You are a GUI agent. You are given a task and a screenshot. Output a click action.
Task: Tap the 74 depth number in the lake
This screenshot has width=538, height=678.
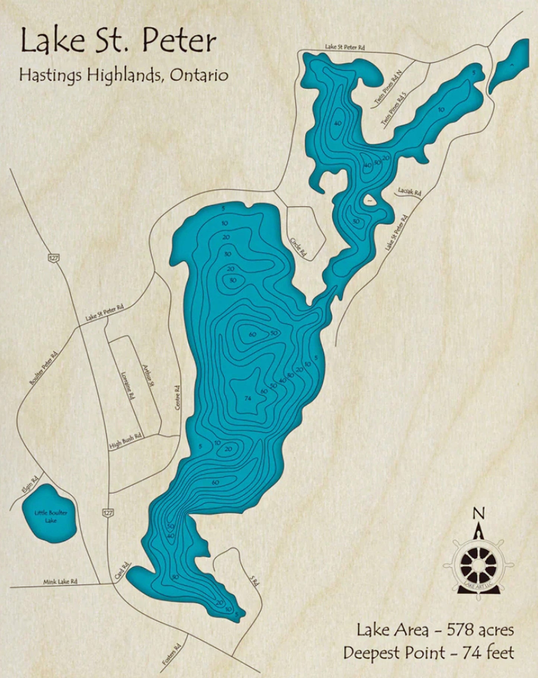pyautogui.click(x=248, y=399)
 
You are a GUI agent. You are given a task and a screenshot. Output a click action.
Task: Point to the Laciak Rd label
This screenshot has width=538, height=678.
pyautogui.click(x=409, y=192)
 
